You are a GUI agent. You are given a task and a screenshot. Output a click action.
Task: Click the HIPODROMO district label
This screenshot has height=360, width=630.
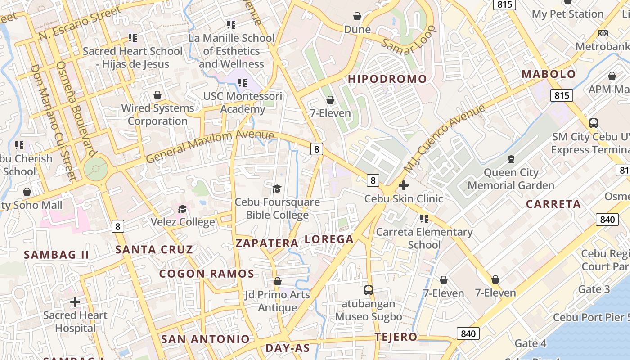pyautogui.click(x=387, y=79)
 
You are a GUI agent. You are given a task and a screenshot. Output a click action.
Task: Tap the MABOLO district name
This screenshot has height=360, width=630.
pyautogui.click(x=548, y=74)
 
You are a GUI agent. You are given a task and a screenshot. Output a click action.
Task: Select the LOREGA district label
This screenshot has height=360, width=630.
pyautogui.click(x=329, y=239)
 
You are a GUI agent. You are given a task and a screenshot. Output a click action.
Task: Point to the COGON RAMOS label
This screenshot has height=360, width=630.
pyautogui.click(x=207, y=274)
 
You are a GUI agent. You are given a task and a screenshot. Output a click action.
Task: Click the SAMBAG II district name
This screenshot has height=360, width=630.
pyautogui.click(x=56, y=255)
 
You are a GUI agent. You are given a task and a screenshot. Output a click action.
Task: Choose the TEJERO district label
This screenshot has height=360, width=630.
pyautogui.click(x=396, y=337)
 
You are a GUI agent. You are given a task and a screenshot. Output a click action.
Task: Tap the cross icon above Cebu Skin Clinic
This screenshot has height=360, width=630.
pyautogui.click(x=404, y=185)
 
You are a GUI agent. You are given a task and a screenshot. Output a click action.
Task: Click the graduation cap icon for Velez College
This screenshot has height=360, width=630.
pyautogui.click(x=182, y=209)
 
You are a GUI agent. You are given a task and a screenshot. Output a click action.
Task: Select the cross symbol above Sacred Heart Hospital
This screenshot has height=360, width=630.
pyautogui.click(x=75, y=301)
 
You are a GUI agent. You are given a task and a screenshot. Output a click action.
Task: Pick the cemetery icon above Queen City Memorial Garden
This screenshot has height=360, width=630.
pyautogui.click(x=511, y=159)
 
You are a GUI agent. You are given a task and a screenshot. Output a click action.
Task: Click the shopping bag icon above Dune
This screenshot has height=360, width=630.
pyautogui.click(x=357, y=17)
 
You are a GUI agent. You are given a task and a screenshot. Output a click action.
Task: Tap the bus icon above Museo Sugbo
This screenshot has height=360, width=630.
pyautogui.click(x=369, y=290)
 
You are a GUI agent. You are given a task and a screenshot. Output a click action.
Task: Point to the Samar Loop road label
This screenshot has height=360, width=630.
pyautogui.click(x=409, y=40)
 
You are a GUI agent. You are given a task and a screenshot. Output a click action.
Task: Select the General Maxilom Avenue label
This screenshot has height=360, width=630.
pyautogui.click(x=210, y=146)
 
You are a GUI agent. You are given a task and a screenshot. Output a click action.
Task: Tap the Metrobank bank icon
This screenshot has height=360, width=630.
pyautogui.click(x=603, y=33)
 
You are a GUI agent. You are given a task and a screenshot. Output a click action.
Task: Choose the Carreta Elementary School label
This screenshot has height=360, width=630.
pyautogui.click(x=424, y=238)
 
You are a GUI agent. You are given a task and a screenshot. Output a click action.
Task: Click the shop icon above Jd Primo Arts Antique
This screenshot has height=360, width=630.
pyautogui.click(x=278, y=282)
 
